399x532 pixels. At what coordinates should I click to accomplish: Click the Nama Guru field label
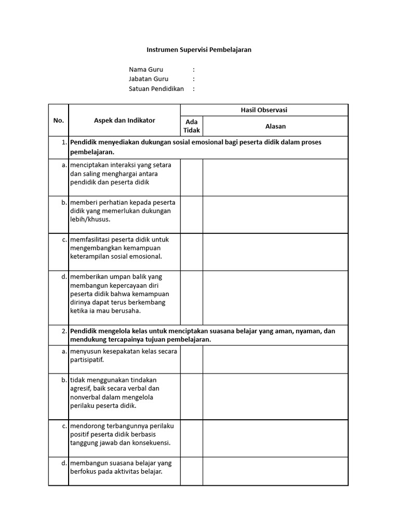pos(146,69)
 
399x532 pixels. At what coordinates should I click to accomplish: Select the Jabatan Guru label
pos(149,79)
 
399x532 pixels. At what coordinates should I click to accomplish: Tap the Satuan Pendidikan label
pos(156,89)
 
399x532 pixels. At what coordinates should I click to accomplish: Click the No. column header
pos(58,120)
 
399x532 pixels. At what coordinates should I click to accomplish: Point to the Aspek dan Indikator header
pos(124,120)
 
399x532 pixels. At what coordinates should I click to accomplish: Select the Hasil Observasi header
pos(264,110)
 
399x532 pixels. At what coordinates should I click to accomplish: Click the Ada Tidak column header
pos(191,126)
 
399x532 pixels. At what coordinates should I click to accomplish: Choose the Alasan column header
pos(275,126)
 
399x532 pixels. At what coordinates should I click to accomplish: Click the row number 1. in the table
pos(63,142)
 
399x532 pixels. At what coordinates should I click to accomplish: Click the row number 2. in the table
pos(63,330)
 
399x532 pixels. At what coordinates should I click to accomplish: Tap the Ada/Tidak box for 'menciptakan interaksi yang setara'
pos(191,177)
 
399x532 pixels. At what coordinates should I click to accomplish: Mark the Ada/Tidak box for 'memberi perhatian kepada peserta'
pos(191,215)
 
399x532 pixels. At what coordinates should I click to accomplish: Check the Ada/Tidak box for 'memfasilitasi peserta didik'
pos(191,252)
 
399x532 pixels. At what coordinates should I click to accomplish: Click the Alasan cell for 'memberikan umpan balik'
pos(275,298)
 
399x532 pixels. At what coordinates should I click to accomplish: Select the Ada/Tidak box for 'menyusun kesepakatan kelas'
pos(191,359)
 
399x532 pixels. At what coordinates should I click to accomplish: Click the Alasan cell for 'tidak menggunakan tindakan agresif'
pos(275,396)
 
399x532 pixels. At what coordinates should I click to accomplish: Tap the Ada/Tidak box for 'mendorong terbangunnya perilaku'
pos(191,438)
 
